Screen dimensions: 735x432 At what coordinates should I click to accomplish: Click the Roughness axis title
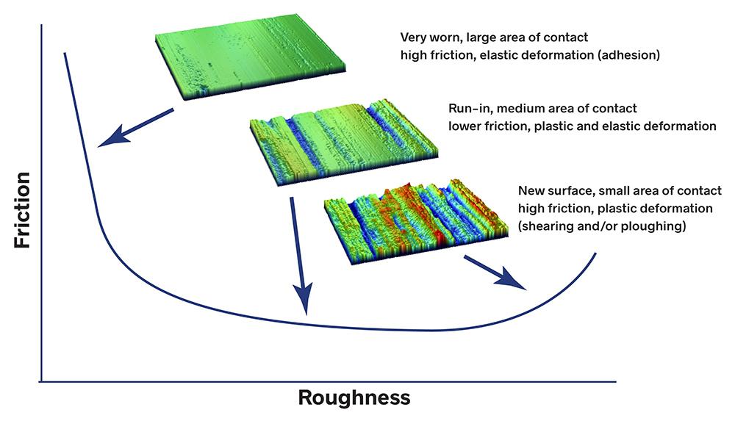tap(354, 397)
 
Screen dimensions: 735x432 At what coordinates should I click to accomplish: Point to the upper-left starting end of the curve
tap(65, 54)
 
